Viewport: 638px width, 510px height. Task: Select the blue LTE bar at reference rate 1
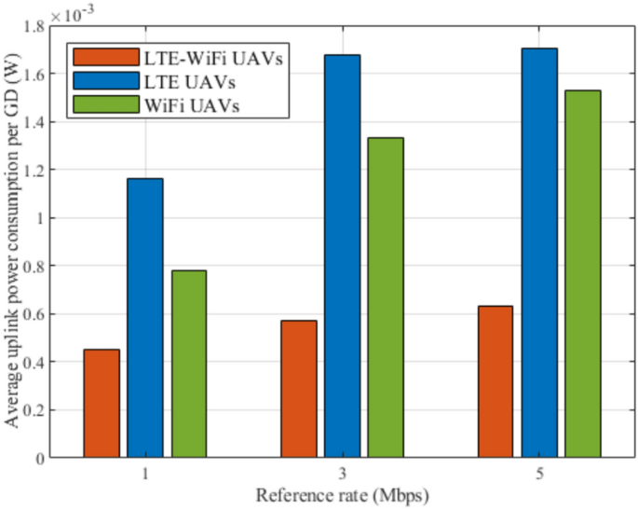pyautogui.click(x=145, y=317)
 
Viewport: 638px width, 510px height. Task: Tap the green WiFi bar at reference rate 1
pyautogui.click(x=189, y=364)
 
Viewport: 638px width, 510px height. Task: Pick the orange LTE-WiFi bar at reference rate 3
pyautogui.click(x=299, y=389)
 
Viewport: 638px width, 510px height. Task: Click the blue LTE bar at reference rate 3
pyautogui.click(x=343, y=255)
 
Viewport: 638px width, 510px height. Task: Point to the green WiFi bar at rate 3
pyautogui.click(x=386, y=297)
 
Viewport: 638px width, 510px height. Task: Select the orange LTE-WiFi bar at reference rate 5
pyautogui.click(x=495, y=381)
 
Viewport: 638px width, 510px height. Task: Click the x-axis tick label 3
pyautogui.click(x=343, y=474)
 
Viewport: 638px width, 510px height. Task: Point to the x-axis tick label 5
pyautogui.click(x=539, y=474)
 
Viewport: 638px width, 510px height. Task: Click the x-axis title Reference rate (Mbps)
pyautogui.click(x=343, y=494)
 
